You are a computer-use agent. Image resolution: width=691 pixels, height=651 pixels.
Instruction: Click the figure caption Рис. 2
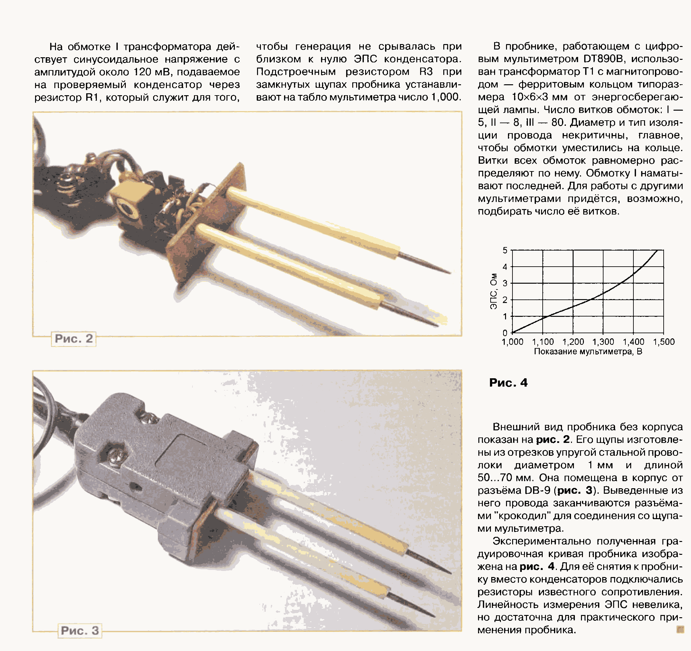(x=74, y=339)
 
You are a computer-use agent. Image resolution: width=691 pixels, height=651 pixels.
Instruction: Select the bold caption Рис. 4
(x=508, y=383)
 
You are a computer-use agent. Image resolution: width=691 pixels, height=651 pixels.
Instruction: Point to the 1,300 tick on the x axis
(x=603, y=342)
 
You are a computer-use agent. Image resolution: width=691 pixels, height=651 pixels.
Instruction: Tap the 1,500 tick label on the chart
(x=664, y=342)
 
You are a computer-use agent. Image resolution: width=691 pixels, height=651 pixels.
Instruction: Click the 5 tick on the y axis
(x=505, y=250)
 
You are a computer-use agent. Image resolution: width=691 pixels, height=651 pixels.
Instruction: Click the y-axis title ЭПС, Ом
(x=493, y=291)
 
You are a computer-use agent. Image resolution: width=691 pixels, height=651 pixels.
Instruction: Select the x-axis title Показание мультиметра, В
(x=588, y=352)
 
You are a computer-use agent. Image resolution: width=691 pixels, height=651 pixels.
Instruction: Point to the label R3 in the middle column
(x=426, y=72)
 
